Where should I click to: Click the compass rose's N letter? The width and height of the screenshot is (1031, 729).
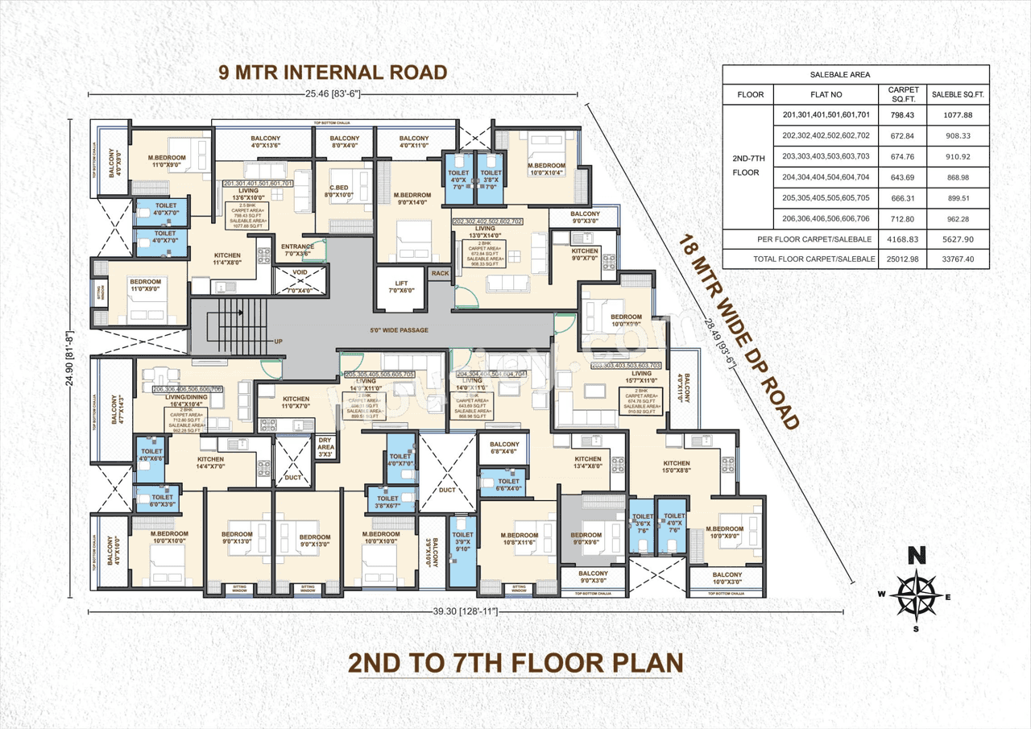pyautogui.click(x=914, y=555)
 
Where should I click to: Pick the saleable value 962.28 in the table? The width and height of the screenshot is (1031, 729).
pyautogui.click(x=957, y=218)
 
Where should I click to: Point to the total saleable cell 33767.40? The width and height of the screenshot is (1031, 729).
pyautogui.click(x=957, y=259)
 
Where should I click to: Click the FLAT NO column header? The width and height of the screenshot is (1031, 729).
pyautogui.click(x=826, y=94)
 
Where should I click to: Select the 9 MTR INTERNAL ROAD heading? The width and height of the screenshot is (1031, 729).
pyautogui.click(x=333, y=72)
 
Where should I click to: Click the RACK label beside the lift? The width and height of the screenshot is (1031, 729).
pyautogui.click(x=440, y=274)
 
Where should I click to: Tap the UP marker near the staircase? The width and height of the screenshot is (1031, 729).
pyautogui.click(x=279, y=341)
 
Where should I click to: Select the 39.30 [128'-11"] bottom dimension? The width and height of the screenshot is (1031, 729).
pyautogui.click(x=466, y=612)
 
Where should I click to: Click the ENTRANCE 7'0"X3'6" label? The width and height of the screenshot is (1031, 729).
pyautogui.click(x=297, y=250)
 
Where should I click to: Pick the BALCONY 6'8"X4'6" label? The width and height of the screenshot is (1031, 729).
pyautogui.click(x=504, y=449)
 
